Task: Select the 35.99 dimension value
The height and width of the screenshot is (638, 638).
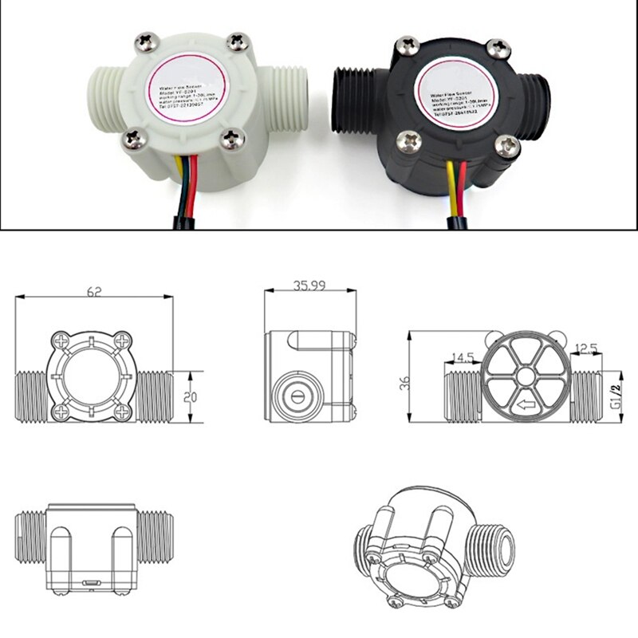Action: [x=309, y=285]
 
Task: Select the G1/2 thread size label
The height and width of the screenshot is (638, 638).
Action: [x=615, y=396]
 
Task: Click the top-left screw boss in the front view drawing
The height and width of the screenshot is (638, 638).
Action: [x=60, y=342]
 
